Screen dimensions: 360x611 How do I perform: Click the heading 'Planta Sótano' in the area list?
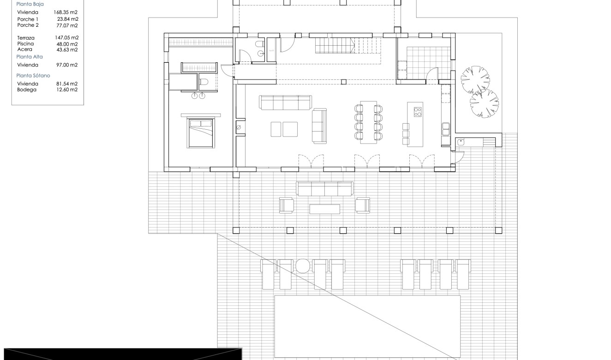(x=33, y=75)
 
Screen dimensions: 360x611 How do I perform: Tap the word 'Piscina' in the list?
(x=25, y=44)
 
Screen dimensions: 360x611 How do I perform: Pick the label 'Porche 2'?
(x=28, y=25)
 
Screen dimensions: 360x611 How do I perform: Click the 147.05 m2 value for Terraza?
(x=66, y=38)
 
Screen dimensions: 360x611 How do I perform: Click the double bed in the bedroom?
(x=200, y=133)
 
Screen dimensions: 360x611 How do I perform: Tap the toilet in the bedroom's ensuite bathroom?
(x=204, y=82)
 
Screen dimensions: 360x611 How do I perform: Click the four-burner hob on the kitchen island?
(x=418, y=111)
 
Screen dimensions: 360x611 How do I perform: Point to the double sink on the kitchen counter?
(x=446, y=129)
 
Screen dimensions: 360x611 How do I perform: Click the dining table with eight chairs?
(x=368, y=122)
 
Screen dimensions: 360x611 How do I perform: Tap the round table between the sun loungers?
(x=302, y=266)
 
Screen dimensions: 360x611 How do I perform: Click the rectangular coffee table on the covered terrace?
(x=324, y=209)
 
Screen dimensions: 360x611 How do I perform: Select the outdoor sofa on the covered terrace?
(x=325, y=188)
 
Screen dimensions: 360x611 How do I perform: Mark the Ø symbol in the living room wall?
(x=239, y=127)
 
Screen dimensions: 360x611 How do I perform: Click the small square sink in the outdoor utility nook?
(x=461, y=143)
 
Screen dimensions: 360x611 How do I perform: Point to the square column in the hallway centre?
(x=343, y=82)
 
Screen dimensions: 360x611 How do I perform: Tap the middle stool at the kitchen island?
(x=406, y=134)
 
